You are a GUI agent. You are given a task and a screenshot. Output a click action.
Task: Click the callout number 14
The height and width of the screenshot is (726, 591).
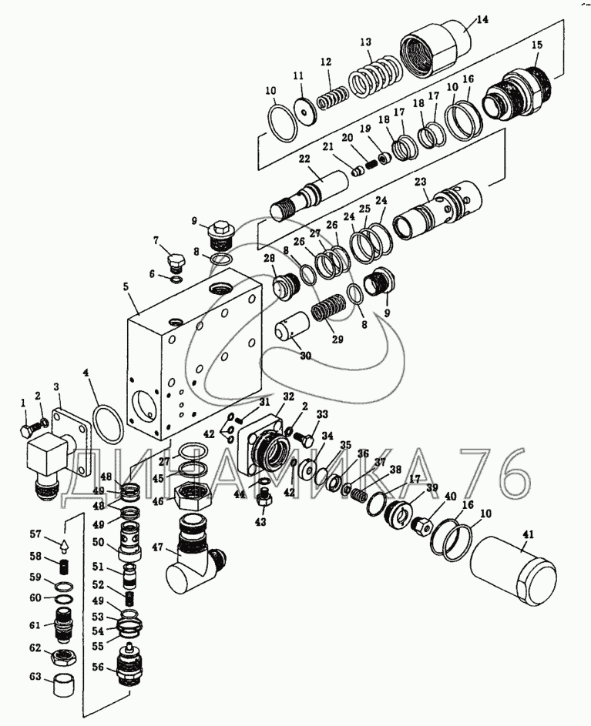[482, 20]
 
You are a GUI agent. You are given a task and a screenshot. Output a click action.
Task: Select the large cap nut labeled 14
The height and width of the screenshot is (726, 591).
[434, 46]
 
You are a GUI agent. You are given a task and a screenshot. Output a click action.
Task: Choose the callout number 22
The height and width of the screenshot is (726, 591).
[304, 159]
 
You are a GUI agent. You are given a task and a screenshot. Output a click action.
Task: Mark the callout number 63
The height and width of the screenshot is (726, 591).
[35, 677]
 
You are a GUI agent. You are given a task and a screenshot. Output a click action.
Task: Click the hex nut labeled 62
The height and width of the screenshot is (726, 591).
[62, 658]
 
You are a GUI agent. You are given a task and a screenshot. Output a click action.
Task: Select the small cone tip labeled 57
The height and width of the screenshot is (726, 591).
[62, 546]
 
